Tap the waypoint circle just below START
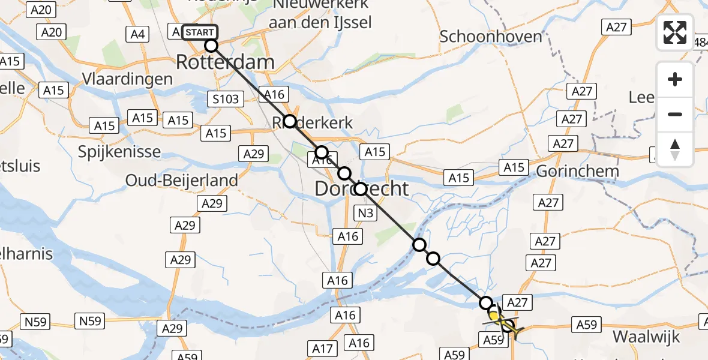coord(211,46)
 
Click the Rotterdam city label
coord(225,62)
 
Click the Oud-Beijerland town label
coord(181,180)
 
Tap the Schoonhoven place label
coord(491,36)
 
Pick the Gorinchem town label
coord(577,171)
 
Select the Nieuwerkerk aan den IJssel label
coord(321,14)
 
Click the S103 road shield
coord(226,99)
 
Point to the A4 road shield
coord(138,34)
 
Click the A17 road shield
coord(323,347)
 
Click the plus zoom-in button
coord(675,79)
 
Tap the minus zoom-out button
coord(675,114)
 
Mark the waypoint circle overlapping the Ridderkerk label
coord(290,121)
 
